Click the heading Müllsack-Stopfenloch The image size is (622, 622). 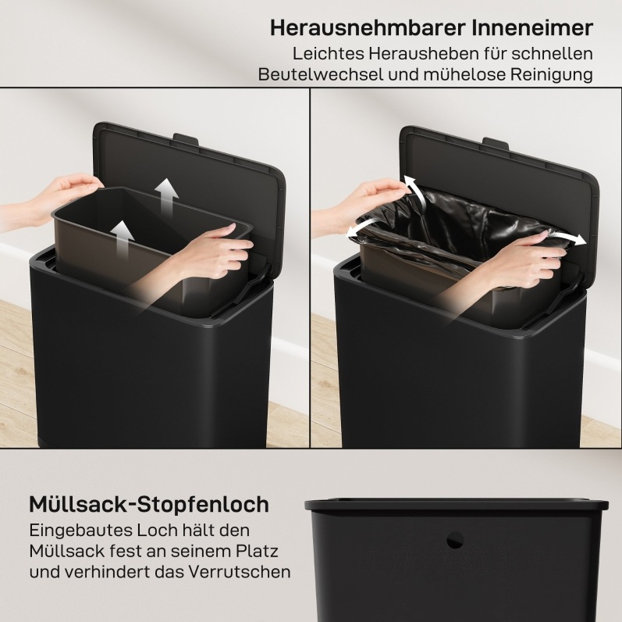click(149, 505)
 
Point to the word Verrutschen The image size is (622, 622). click(240, 572)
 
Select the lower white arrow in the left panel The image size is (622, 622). click(123, 240)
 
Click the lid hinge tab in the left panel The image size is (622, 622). click(186, 139)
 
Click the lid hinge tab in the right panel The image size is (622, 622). click(496, 143)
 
